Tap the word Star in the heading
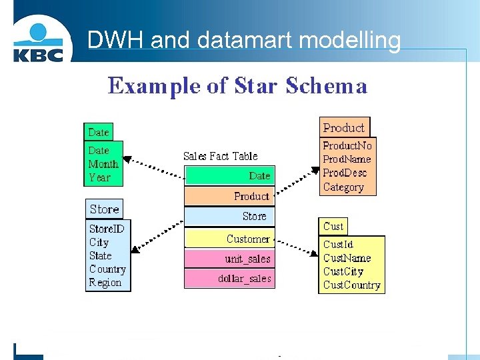256,86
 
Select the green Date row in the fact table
229,176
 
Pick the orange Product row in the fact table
229,196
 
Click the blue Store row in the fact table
229,217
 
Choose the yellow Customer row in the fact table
229,239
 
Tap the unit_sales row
229,259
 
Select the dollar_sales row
229,279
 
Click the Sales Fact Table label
220,156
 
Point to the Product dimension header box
344,127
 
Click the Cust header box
333,227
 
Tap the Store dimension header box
105,209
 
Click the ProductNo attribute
347,145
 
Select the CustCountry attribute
351,285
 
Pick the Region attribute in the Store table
105,283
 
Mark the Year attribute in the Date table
99,178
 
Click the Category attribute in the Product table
343,187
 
